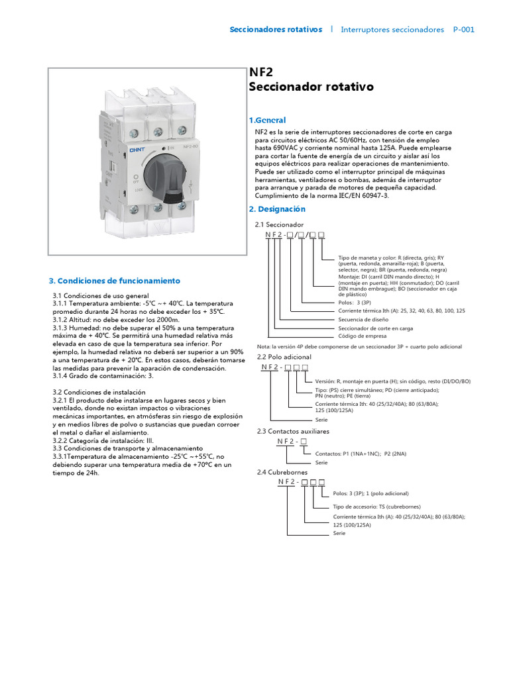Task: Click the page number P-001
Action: (463, 30)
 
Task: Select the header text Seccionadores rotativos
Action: (276, 30)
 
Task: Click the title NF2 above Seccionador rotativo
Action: (260, 72)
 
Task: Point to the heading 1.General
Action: (267, 121)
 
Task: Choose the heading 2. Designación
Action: (277, 209)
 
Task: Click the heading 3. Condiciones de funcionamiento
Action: (115, 281)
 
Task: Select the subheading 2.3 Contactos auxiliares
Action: (293, 431)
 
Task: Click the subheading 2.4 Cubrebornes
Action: (282, 472)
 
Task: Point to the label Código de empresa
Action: (362, 336)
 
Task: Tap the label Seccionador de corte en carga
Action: (376, 328)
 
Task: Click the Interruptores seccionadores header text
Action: (392, 30)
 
